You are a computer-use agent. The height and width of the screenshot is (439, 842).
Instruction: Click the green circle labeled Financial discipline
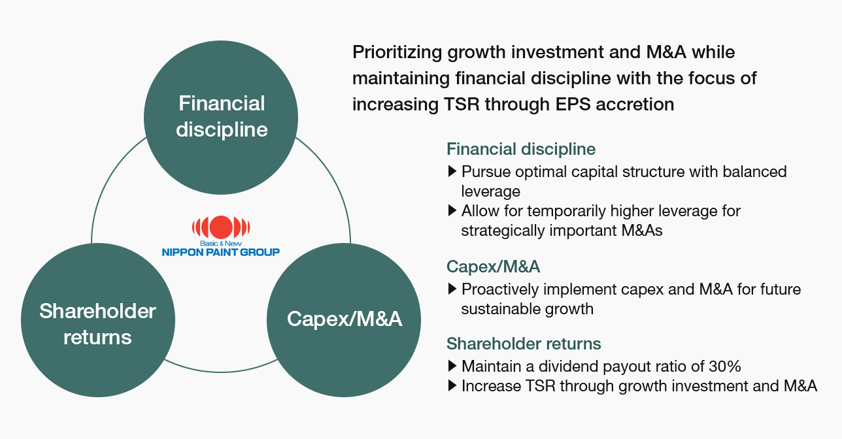pos(221,118)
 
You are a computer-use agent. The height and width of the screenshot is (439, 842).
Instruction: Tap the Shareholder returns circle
pos(98,320)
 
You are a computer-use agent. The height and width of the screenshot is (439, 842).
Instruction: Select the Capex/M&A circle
pos(344,320)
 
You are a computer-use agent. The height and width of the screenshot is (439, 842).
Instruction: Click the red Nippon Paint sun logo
pos(221,227)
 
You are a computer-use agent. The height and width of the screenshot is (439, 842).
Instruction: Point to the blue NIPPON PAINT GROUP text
pos(221,252)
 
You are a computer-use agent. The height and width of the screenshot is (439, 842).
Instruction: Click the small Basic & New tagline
pos(221,244)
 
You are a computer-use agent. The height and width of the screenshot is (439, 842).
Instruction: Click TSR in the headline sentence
pos(462,104)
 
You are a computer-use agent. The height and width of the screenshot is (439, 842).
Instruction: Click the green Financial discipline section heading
pos(521,150)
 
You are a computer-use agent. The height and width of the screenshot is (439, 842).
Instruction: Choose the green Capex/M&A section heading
pos(493,267)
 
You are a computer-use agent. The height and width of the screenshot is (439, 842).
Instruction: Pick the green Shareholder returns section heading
pos(524,344)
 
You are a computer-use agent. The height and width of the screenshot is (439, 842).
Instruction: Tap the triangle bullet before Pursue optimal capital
pos(452,172)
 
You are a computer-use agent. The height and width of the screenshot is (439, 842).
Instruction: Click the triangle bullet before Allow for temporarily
pos(452,210)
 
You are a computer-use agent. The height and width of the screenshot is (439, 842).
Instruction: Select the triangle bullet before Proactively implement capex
pos(452,289)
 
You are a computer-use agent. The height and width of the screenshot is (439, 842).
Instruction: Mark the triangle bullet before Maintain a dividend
pos(452,366)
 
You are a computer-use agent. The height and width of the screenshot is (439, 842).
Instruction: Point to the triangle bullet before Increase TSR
pos(452,385)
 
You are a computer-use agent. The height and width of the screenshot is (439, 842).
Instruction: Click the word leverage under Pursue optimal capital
pos(490,192)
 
